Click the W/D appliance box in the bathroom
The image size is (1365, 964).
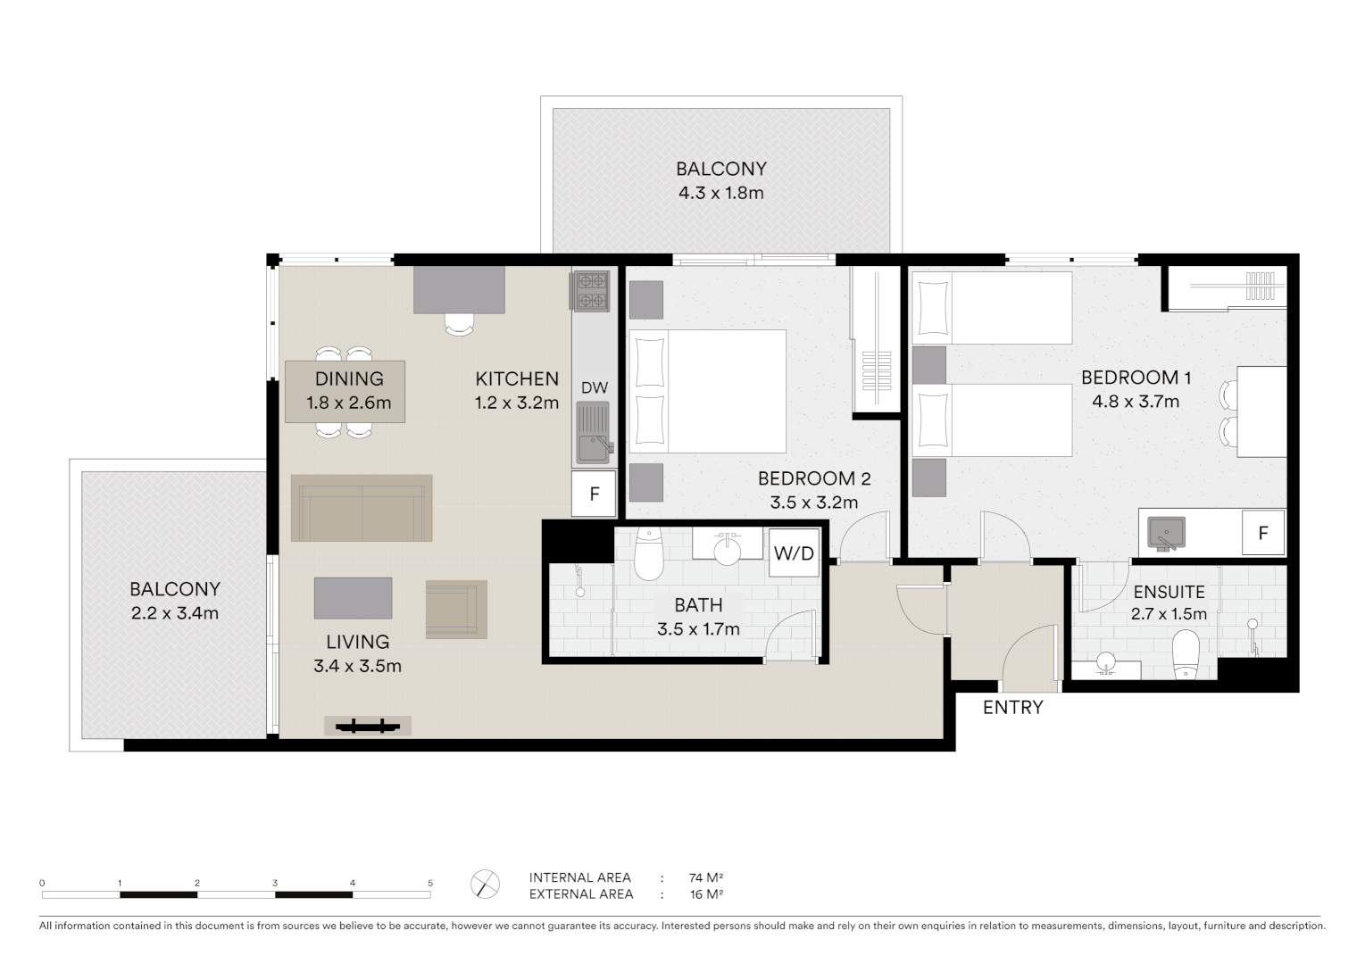click(x=794, y=553)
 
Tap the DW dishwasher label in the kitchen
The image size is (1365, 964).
click(x=595, y=387)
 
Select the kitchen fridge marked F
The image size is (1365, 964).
click(x=594, y=494)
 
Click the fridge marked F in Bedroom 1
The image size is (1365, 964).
click(x=1262, y=533)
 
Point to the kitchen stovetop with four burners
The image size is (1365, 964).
click(x=591, y=291)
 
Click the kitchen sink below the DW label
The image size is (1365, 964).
click(x=593, y=433)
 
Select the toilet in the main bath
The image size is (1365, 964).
click(x=647, y=555)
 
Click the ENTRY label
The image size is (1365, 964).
click(x=1012, y=708)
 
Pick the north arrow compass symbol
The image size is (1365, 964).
click(x=485, y=885)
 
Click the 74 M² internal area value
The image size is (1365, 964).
click(x=705, y=877)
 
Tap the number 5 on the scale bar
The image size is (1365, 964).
click(x=430, y=883)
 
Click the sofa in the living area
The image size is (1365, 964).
click(x=362, y=508)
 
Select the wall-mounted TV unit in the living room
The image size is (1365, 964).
click(x=367, y=726)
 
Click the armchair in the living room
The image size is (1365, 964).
click(x=456, y=609)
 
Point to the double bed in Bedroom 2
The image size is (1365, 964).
click(x=707, y=391)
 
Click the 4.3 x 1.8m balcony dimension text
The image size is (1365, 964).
click(x=720, y=193)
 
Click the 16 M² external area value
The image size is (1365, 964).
click(x=705, y=893)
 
